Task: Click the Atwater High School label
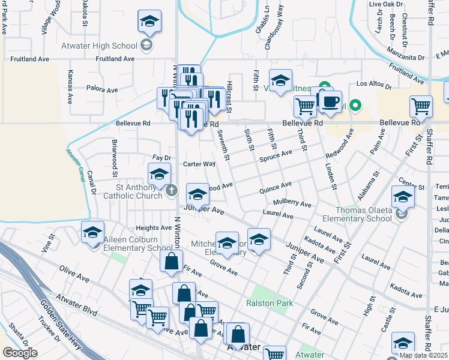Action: [x=99, y=46]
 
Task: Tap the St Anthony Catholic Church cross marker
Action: [x=172, y=191]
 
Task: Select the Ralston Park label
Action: [x=270, y=303]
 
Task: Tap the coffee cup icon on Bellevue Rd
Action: [x=330, y=102]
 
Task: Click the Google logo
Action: [x=20, y=353]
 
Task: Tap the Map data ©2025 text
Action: [x=423, y=355]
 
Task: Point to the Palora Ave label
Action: [x=102, y=90]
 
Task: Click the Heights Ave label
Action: [x=154, y=228]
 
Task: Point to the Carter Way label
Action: [x=199, y=164]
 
